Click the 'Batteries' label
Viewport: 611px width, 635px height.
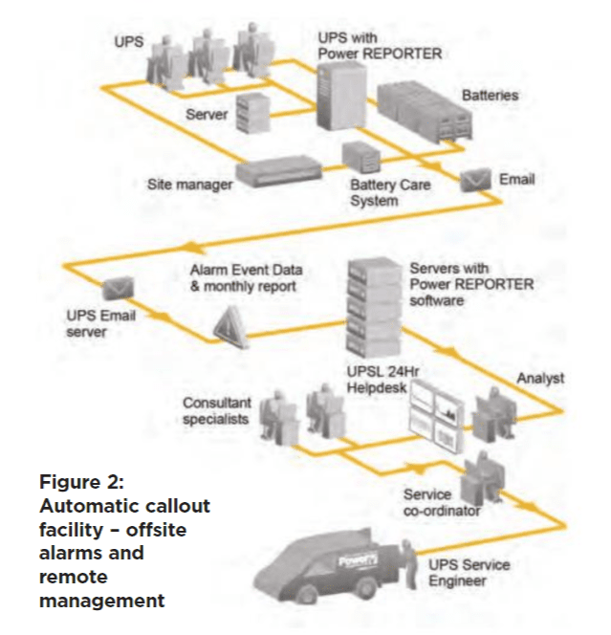(490, 96)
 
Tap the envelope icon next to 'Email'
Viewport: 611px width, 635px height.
(475, 181)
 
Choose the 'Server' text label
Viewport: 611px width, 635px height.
(207, 115)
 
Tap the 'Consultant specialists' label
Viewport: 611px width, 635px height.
(218, 410)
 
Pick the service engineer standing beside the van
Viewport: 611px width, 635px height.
(409, 570)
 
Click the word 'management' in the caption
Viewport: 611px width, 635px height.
(101, 601)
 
